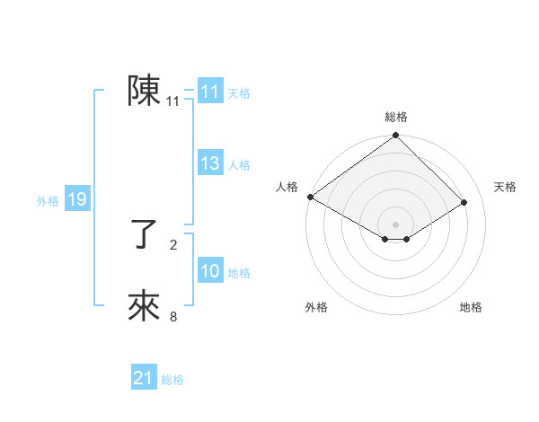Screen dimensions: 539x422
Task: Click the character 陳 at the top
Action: [x=144, y=91]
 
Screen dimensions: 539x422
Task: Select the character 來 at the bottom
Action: [x=144, y=306]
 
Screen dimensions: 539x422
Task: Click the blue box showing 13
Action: [x=210, y=163]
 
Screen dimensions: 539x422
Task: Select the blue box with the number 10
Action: [x=210, y=271]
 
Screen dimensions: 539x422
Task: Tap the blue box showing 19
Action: [x=77, y=199]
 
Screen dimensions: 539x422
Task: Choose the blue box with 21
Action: [x=144, y=378]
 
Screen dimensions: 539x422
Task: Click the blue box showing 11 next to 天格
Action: [x=210, y=92]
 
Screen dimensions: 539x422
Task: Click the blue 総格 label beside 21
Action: [x=172, y=380]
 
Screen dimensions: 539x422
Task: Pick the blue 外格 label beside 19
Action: [x=48, y=201]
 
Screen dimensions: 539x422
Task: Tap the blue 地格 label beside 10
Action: [x=240, y=273]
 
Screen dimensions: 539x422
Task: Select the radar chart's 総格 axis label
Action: [x=395, y=118]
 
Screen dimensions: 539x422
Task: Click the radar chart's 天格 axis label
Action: [x=505, y=187]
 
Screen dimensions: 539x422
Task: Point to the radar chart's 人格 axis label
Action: [x=287, y=187]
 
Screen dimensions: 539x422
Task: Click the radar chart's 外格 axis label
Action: [x=316, y=307]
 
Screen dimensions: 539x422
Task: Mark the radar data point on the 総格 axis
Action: [x=395, y=136]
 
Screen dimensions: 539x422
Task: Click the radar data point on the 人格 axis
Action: [x=310, y=197]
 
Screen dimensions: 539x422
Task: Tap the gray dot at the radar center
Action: [x=395, y=224]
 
